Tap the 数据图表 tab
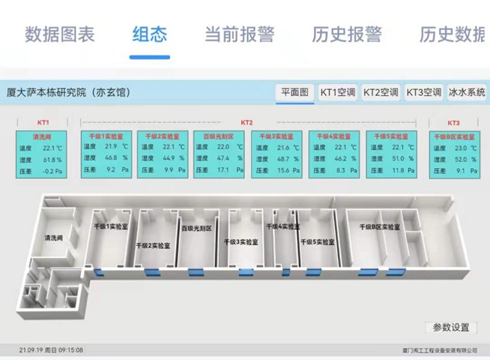point(60,34)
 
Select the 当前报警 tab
point(240,34)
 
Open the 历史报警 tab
point(347,34)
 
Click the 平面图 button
point(294,92)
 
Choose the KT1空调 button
point(337,92)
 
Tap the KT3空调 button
point(423,92)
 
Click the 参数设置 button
point(450,327)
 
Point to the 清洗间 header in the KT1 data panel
point(43,136)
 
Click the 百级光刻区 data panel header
point(219,136)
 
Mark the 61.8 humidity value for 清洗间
point(51,160)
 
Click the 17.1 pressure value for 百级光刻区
point(223,171)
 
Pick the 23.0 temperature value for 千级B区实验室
point(461,148)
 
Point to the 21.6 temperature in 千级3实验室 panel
point(282,148)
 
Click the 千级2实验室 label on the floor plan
point(152,245)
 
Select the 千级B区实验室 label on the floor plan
point(379,226)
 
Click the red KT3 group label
point(453,122)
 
